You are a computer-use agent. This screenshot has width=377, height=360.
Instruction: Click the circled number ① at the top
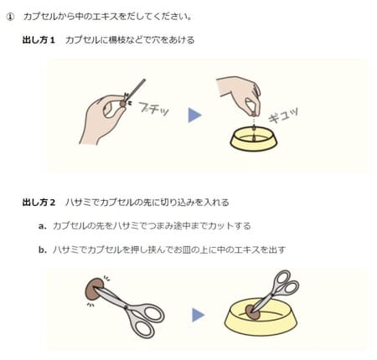tap(10, 16)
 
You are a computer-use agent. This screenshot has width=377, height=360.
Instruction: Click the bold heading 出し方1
tap(39, 40)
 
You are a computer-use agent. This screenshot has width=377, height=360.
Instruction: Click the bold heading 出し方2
tap(39, 202)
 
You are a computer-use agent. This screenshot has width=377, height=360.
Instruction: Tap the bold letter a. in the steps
tap(42, 226)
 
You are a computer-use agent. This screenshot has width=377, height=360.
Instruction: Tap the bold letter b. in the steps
tap(42, 249)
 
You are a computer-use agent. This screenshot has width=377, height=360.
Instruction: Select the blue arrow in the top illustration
tap(194, 115)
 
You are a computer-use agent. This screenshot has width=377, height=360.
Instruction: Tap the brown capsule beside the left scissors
tap(90, 290)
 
